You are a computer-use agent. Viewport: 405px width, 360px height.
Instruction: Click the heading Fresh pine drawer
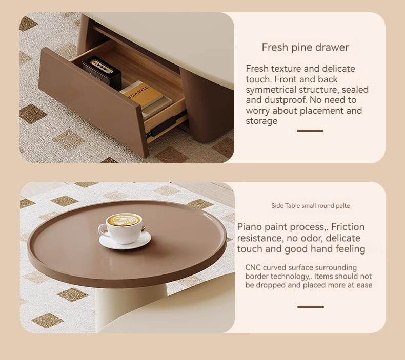click(x=305, y=47)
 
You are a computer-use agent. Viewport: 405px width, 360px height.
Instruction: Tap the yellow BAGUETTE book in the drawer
click(x=141, y=95)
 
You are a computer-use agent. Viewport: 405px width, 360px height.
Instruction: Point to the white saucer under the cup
click(x=125, y=241)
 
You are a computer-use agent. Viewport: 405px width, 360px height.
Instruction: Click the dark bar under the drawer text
click(x=310, y=131)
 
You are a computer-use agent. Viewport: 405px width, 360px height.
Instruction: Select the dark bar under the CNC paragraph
click(x=311, y=307)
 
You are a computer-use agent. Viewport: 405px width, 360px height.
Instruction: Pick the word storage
click(x=261, y=121)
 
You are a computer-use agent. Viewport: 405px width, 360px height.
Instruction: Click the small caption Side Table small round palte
click(x=311, y=206)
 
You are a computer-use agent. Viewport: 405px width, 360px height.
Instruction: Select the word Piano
click(x=249, y=227)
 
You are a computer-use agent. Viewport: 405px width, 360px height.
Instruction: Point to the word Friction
click(x=348, y=227)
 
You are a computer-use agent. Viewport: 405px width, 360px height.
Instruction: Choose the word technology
click(x=277, y=277)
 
